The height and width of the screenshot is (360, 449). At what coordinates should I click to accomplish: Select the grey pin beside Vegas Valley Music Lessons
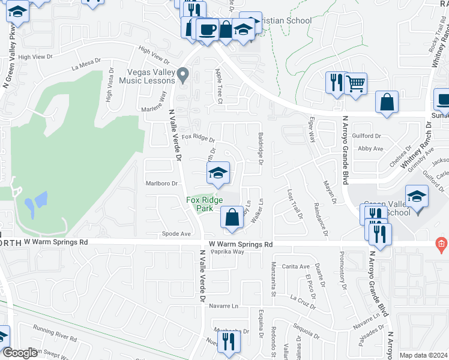pos(184,75)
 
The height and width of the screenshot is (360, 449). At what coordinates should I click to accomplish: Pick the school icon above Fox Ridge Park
pos(218,173)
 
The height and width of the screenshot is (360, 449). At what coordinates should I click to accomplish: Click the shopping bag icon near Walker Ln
pos(231,217)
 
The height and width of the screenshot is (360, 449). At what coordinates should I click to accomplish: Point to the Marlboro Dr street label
pos(162,184)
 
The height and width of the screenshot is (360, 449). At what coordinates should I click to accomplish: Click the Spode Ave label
pos(176,233)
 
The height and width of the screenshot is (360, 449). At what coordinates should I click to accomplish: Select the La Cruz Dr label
pos(302,298)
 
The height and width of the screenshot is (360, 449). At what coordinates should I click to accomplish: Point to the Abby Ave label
pos(370,148)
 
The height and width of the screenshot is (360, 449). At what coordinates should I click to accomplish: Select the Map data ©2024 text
pos(424,355)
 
